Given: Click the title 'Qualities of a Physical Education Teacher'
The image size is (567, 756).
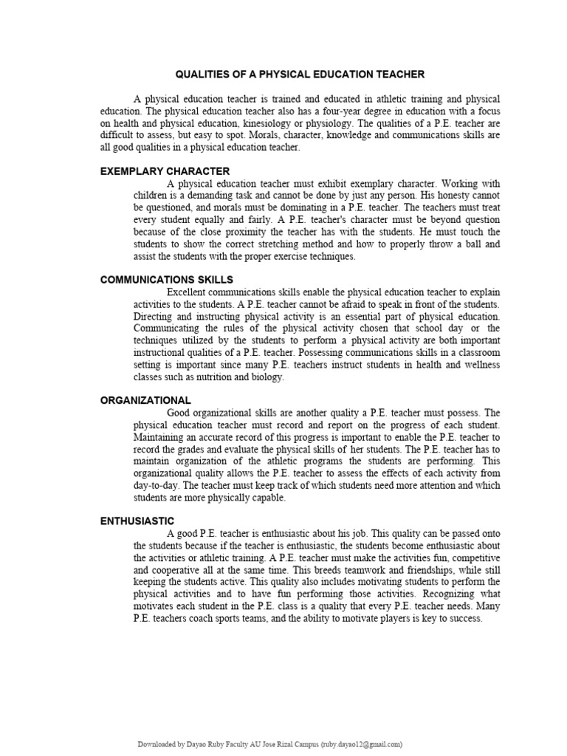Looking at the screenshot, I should coord(299,75).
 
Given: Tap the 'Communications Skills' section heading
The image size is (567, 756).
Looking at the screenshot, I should coord(167,279).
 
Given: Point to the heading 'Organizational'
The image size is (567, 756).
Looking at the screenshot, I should coord(145,400).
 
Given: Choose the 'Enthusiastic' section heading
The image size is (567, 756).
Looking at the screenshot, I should coord(137,520).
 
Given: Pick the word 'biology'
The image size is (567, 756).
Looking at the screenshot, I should coord(267,377).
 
